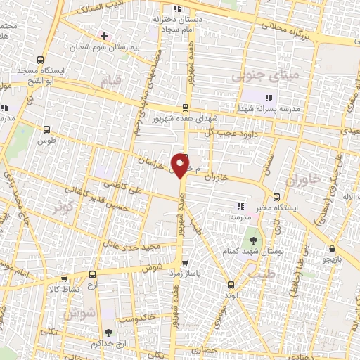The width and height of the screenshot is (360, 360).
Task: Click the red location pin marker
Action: [x=181, y=165]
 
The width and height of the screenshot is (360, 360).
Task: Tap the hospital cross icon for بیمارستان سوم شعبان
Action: [x=105, y=36]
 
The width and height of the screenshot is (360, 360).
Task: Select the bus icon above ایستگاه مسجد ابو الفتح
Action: [x=40, y=60]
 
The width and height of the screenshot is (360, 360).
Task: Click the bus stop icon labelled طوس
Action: [x=46, y=129]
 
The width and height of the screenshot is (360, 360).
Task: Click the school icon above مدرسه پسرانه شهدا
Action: [x=266, y=96]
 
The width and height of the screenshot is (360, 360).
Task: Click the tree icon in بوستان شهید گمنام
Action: [x=255, y=240]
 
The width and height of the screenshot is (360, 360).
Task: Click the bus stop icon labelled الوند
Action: [x=231, y=285]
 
